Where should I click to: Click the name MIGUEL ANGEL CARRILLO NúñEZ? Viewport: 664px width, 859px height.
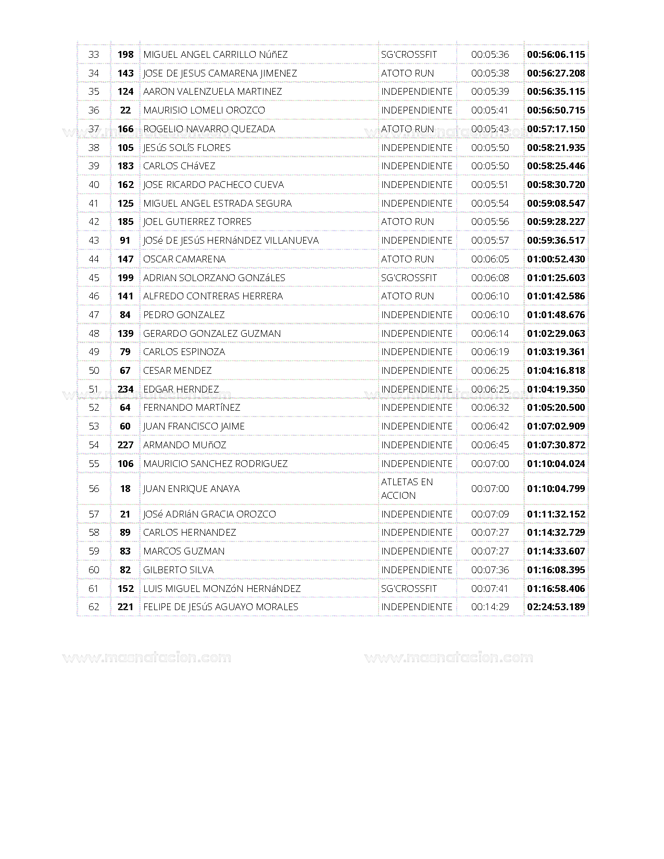click(x=215, y=55)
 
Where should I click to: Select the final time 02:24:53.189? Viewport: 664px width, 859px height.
click(x=556, y=607)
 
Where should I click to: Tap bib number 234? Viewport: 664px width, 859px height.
click(x=126, y=389)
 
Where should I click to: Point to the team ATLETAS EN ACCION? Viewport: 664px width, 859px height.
click(x=407, y=489)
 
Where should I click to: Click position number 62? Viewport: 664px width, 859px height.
click(x=94, y=607)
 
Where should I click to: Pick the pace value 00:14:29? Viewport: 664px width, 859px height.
click(x=490, y=607)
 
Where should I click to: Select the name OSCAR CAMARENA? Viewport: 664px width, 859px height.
click(x=184, y=259)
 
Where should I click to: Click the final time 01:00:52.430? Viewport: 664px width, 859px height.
click(x=556, y=259)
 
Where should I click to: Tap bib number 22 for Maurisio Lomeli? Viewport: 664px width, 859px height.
click(x=126, y=110)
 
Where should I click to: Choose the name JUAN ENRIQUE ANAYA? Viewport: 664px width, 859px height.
click(x=191, y=489)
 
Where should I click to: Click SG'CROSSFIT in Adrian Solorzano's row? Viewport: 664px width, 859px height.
click(x=409, y=278)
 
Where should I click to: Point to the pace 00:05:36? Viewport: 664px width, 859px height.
click(x=490, y=55)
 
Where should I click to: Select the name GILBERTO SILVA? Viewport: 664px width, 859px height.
click(x=178, y=570)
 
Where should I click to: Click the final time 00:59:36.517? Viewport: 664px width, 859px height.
click(x=556, y=241)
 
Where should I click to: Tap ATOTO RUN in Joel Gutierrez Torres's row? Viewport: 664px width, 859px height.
click(x=407, y=222)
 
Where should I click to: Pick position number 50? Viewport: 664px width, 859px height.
click(x=94, y=371)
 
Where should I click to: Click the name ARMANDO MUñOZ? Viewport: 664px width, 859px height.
click(x=184, y=445)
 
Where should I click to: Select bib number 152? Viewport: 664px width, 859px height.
click(x=126, y=589)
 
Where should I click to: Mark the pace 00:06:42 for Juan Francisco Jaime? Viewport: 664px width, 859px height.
click(x=490, y=426)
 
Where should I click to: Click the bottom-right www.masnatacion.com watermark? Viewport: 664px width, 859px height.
click(x=448, y=658)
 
